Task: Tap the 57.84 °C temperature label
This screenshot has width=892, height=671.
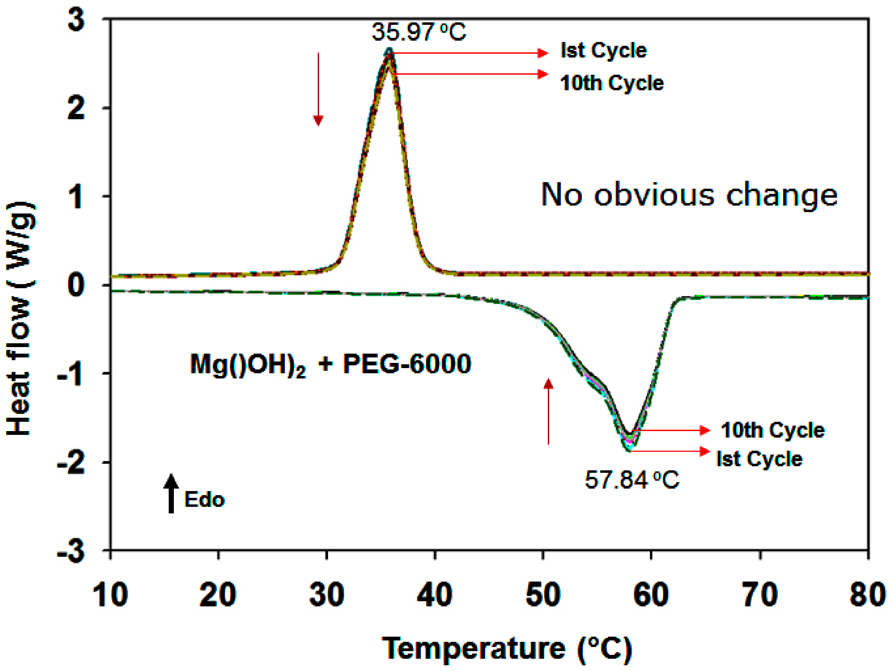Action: tap(632, 480)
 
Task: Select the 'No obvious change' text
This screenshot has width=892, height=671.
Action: tap(689, 195)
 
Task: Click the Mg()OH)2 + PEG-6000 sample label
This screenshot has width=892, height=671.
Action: tap(330, 365)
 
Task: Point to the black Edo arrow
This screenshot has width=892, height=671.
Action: tap(171, 494)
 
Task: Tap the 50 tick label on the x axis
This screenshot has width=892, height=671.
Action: tap(543, 595)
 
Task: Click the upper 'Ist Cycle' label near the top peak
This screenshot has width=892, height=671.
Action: tap(603, 51)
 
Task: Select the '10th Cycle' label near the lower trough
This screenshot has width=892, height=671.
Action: tap(772, 430)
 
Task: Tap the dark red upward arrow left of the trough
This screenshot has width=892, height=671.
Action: tap(548, 411)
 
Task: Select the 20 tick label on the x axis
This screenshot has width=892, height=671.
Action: tap(218, 595)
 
